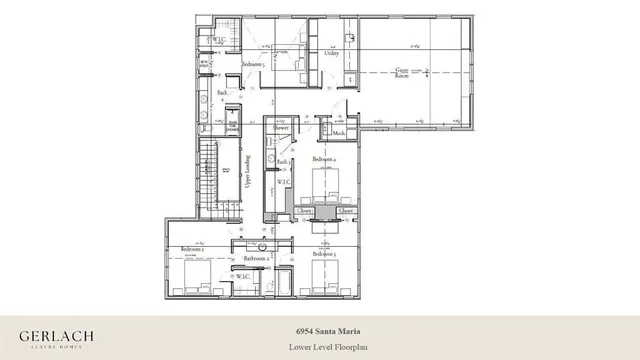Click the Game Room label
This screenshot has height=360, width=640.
[403, 71]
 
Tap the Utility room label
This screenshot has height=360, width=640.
[332, 53]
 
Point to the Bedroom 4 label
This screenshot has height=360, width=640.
[324, 159]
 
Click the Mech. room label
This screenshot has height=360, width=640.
[339, 134]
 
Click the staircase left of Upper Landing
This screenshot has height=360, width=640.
[209, 175]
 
